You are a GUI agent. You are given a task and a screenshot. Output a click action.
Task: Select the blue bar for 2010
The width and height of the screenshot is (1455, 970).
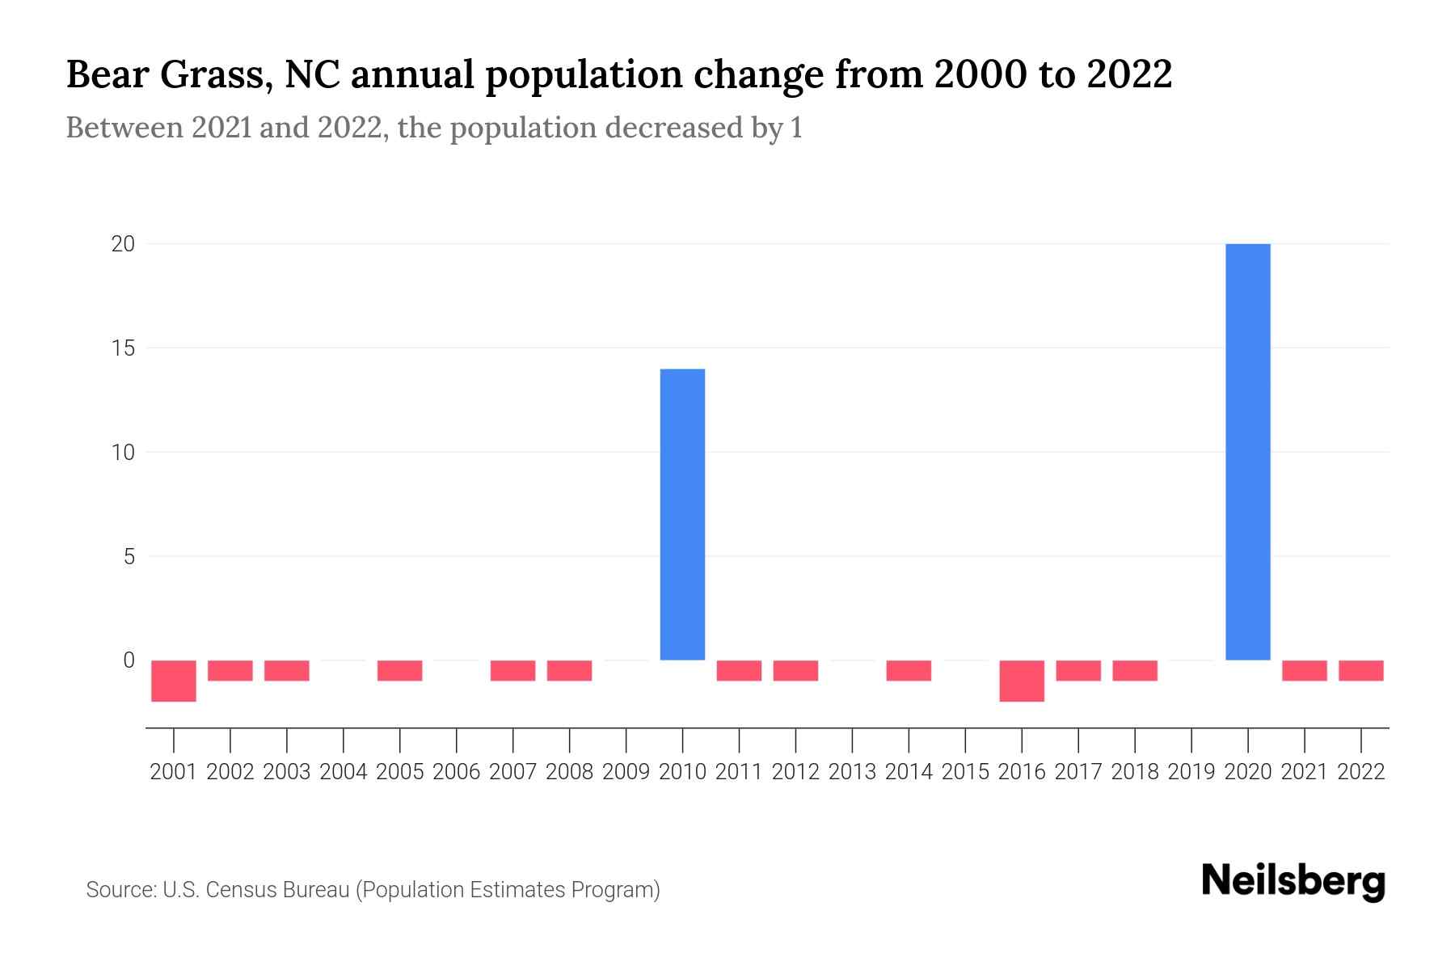(682, 514)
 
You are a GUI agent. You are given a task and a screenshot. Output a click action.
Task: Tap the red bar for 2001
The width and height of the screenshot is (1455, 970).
(174, 681)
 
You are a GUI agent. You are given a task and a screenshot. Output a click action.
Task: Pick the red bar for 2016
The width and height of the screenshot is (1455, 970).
(1022, 681)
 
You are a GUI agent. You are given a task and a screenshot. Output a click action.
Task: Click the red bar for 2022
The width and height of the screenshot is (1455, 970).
(1361, 671)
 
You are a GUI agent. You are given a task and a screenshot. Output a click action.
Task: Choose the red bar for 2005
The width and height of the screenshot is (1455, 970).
(400, 671)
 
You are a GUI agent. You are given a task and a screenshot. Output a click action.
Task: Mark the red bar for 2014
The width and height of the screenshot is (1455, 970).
(909, 671)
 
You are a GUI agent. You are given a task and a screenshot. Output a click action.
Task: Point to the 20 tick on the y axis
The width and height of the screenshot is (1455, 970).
(123, 244)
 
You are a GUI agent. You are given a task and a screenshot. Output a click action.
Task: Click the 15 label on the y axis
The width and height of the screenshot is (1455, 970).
(123, 348)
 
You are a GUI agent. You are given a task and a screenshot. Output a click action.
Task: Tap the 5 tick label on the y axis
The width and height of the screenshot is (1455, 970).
(129, 556)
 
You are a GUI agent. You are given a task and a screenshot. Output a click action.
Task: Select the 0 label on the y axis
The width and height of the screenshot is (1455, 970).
(129, 660)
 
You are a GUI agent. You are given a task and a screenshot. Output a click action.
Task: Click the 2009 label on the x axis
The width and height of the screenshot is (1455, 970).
(626, 772)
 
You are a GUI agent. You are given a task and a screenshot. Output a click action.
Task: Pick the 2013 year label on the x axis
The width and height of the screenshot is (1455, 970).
(852, 772)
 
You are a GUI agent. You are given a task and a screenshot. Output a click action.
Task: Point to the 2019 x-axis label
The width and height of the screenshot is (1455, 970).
(1191, 772)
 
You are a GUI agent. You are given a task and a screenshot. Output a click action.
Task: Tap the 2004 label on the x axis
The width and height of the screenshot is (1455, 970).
(344, 772)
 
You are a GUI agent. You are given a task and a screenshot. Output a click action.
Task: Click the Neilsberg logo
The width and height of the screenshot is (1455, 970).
(1293, 882)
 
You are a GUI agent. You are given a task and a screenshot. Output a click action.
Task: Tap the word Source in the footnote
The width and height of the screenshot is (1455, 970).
(120, 890)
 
